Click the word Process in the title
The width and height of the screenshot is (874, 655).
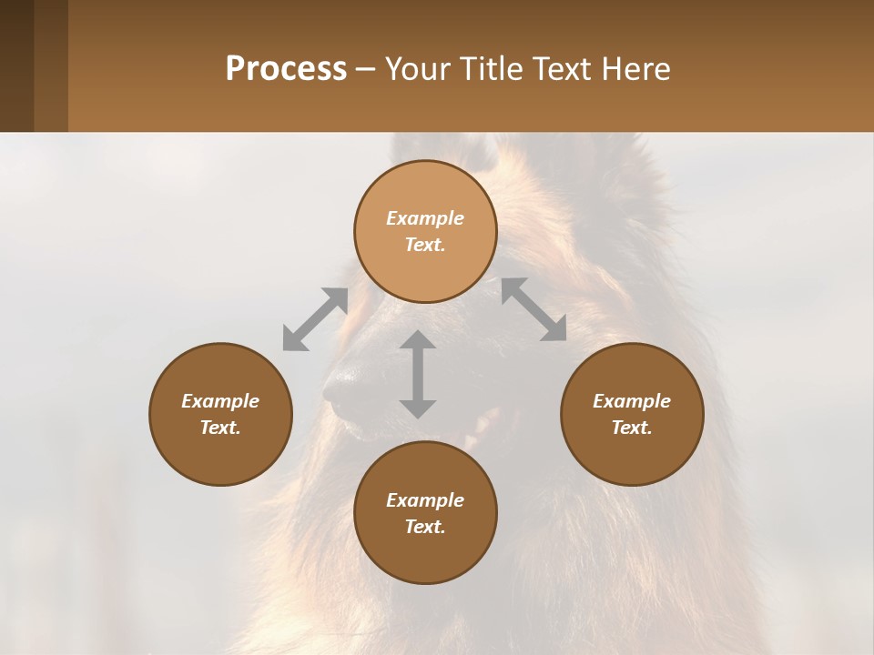pos(286,69)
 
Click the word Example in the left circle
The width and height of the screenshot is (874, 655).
pos(220,401)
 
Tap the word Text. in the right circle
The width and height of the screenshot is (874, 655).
pos(632,428)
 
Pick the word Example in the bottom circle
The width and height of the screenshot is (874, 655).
pos(425,500)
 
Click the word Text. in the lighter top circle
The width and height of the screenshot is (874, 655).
pos(425,245)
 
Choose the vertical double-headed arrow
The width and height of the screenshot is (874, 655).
pos(418,374)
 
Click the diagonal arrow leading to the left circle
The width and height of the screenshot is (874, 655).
pos(315,319)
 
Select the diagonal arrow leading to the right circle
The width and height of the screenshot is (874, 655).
pos(534,310)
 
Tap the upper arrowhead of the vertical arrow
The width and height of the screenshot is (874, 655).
pos(418,341)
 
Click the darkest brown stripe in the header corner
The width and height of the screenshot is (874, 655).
pos(16,65)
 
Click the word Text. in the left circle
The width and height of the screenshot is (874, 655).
pos(220,428)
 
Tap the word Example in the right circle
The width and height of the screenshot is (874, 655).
pos(632,401)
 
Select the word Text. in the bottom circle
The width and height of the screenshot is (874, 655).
pos(425,527)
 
